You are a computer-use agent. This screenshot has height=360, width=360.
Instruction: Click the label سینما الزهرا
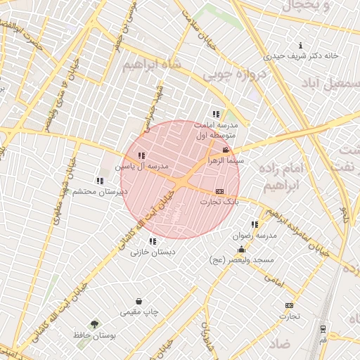(x=225, y=161)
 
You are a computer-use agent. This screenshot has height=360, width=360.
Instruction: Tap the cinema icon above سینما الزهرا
(x=225, y=150)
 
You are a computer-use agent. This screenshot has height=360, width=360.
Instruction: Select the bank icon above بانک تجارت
(x=219, y=191)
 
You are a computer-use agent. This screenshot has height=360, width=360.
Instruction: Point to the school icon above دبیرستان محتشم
(x=99, y=181)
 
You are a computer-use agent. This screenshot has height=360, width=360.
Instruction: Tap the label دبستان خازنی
(x=153, y=252)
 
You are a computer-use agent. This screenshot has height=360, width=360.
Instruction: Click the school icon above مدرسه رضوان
(x=255, y=224)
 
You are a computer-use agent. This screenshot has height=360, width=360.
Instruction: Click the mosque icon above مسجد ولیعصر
(x=241, y=250)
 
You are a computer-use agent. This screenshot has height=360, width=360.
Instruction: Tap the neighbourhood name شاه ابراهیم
(x=152, y=65)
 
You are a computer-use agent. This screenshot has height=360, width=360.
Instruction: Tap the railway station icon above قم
(x=323, y=328)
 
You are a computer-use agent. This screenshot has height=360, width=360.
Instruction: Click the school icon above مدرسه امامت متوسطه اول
(x=215, y=113)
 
